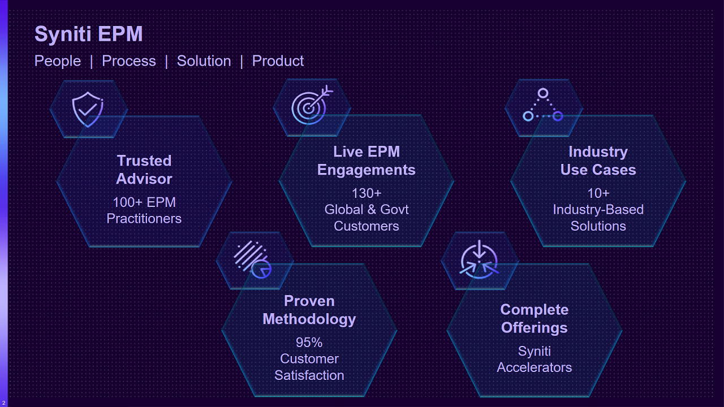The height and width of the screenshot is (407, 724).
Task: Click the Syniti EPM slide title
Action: point(88,34)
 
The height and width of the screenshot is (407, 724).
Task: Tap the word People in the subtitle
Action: point(58,61)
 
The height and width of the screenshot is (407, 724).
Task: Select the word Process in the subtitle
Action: point(128,61)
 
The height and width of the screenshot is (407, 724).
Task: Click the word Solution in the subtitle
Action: point(204,61)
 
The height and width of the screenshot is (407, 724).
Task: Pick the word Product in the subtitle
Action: point(278,61)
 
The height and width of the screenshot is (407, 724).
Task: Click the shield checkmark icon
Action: point(88,109)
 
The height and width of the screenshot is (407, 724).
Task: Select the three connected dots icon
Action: point(542,106)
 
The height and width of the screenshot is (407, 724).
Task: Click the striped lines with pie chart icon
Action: point(252,259)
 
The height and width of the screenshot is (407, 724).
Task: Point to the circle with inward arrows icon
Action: point(479,260)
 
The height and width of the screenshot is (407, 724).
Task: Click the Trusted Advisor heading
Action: point(144,170)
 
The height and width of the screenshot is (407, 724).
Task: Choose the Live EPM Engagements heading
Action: point(366,161)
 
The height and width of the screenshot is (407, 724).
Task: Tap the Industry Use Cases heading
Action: point(598,161)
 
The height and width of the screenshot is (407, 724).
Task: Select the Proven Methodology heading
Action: point(309,310)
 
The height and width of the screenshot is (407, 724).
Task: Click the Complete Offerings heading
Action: point(534,318)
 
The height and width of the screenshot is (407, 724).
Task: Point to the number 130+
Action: point(366,193)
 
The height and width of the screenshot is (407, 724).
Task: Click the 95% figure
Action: point(309,343)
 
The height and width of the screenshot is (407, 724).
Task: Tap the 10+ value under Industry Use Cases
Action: point(598,193)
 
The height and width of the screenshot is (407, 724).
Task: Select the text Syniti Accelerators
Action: point(534,359)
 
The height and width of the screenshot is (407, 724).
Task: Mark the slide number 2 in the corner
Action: point(4,402)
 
